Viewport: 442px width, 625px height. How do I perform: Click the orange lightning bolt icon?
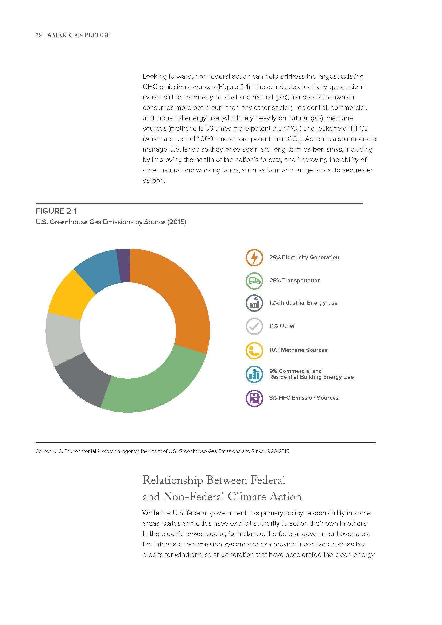[254, 258]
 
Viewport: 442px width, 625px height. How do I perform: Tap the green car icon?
[254, 281]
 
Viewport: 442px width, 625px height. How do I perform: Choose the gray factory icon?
[254, 303]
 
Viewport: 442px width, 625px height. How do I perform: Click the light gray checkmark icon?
[254, 326]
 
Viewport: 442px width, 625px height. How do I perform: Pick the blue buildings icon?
[254, 374]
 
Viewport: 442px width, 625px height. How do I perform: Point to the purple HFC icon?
[254, 398]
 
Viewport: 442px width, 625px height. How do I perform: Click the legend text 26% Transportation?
[295, 281]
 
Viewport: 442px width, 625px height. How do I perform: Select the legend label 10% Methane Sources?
[298, 350]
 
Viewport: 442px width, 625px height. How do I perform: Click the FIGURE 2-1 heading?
[57, 211]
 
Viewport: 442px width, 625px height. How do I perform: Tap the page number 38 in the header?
[38, 35]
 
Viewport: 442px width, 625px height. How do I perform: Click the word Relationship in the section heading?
[172, 480]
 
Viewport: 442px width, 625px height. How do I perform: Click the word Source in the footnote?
[43, 451]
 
